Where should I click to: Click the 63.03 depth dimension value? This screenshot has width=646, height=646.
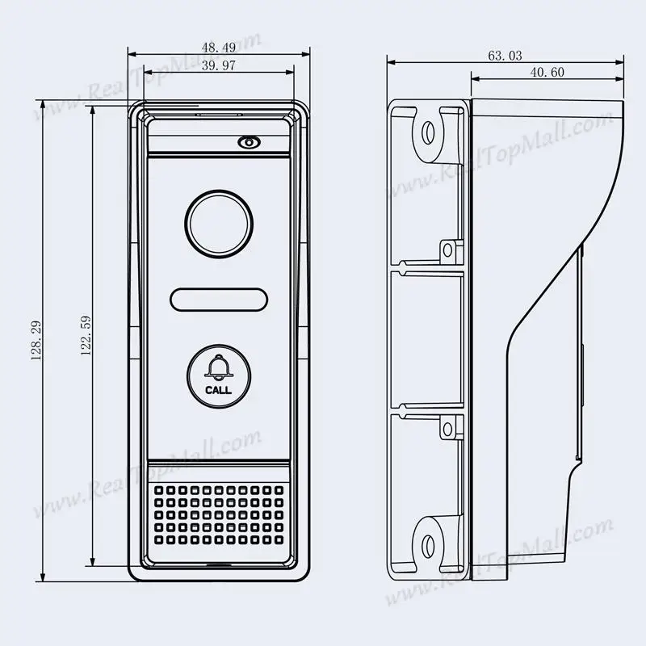[505, 56]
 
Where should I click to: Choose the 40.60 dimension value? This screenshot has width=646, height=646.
[547, 73]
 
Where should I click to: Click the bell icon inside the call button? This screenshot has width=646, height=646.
[217, 367]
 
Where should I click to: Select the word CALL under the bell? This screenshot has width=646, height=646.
[217, 390]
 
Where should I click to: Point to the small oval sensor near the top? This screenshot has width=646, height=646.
[249, 142]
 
